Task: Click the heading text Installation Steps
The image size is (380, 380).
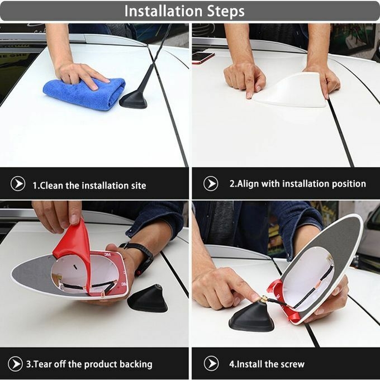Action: click(x=184, y=11)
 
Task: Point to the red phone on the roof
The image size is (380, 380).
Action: click(x=203, y=58)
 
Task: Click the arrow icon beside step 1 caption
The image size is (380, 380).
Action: click(x=18, y=183)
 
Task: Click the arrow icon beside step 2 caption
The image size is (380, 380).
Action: click(x=211, y=183)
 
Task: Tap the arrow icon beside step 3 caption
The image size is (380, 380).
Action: click(x=15, y=364)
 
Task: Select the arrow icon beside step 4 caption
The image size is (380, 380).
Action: click(x=211, y=363)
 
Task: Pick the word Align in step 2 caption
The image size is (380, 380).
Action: click(x=248, y=184)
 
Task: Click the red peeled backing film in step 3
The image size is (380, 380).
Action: click(x=75, y=250)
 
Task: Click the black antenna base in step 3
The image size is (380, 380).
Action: click(x=148, y=298)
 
